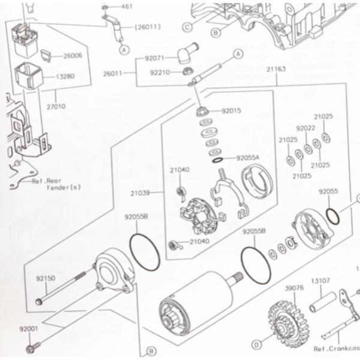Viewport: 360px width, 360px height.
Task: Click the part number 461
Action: [x=127, y=7]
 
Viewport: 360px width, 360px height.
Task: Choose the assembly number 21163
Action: [x=276, y=69]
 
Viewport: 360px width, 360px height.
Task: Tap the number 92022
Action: [x=305, y=128]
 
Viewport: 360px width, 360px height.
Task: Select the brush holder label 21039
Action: [x=140, y=193]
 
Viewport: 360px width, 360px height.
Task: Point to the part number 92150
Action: [x=45, y=278]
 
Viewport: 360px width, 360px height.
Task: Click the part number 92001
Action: [x=28, y=329]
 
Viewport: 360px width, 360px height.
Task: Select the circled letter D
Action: [x=257, y=344]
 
